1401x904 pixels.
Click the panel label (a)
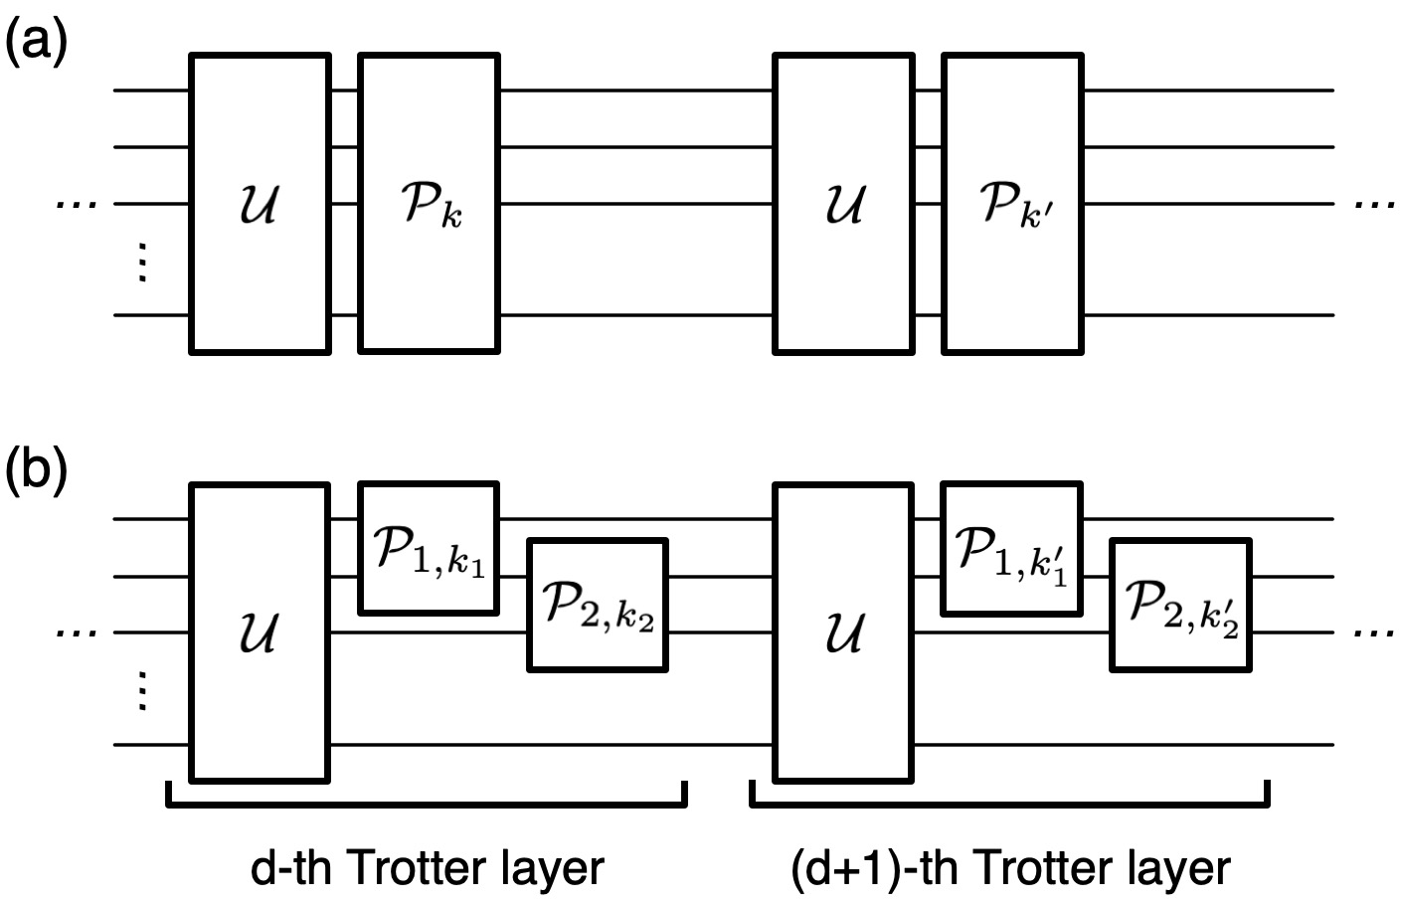[x=37, y=44]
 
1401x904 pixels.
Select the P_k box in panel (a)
[x=429, y=204]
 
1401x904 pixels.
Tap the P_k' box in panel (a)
[x=1012, y=204]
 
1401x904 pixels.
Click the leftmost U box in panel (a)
[x=260, y=204]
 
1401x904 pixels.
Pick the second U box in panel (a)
[x=843, y=204]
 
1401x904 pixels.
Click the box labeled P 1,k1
[x=429, y=548]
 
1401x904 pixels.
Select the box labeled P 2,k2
[x=597, y=605]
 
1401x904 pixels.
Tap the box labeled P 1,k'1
[x=1012, y=548]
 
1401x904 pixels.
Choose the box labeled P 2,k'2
[x=1180, y=605]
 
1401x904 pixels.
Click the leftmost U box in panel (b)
[x=260, y=633]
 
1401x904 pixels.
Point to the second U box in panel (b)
[x=843, y=633]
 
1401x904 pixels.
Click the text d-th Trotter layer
[x=428, y=867]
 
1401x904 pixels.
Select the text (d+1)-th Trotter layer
[x=1011, y=867]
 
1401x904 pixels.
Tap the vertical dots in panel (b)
[x=141, y=689]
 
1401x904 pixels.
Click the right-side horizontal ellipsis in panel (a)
[x=1374, y=204]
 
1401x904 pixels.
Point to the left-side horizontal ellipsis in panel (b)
[x=77, y=633]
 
